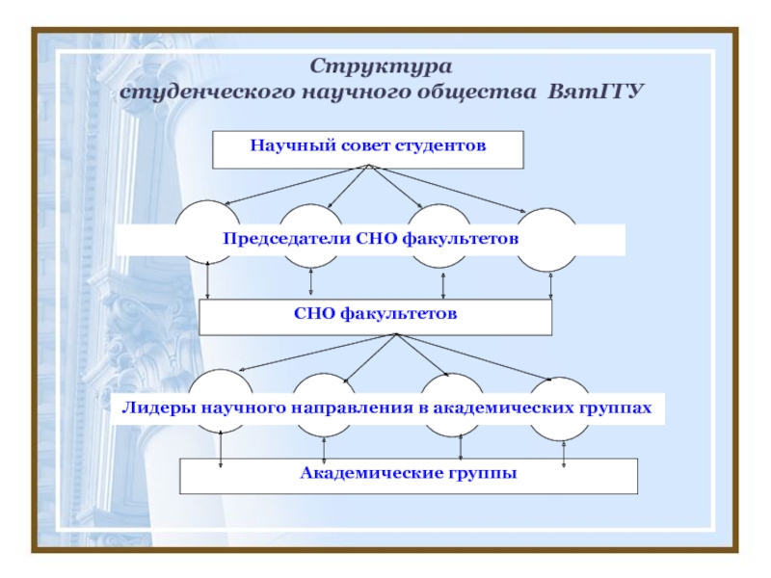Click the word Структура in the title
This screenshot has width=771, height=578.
(381, 66)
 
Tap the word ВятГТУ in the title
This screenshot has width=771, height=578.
(595, 93)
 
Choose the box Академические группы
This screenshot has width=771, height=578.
(409, 475)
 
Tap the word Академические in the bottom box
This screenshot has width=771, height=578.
(369, 474)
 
